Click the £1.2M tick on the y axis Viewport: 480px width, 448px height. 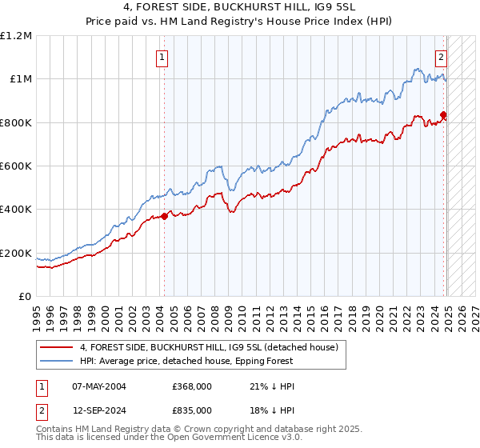click(x=16, y=36)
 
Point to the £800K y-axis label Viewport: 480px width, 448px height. click(x=16, y=123)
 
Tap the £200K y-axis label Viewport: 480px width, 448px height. click(x=16, y=254)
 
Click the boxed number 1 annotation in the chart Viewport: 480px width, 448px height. click(x=163, y=57)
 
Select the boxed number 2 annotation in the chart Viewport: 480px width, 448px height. click(x=441, y=57)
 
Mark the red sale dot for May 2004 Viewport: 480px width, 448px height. click(x=164, y=216)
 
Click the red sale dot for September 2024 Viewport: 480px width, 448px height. click(x=443, y=114)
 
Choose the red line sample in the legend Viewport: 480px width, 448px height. click(x=56, y=347)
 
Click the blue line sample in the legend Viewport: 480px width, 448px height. click(x=56, y=361)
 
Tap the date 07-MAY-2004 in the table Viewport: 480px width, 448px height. click(x=99, y=386)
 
